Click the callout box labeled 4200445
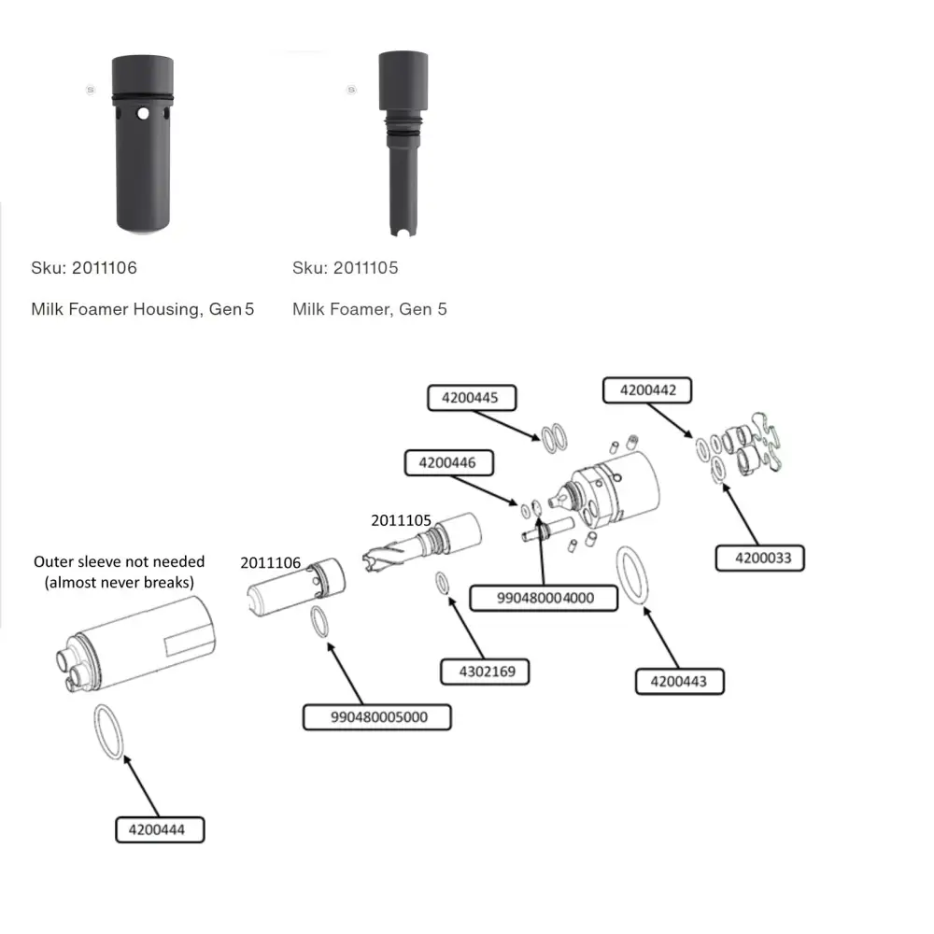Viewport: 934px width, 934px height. tap(471, 397)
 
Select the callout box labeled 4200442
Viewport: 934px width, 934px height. tap(646, 389)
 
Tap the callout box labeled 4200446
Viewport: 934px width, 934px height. tap(446, 462)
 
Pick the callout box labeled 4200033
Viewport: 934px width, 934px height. tap(760, 558)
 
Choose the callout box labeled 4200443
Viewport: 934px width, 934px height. tap(679, 681)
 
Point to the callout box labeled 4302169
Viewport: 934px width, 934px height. tap(485, 670)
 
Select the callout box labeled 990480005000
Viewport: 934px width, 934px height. tap(378, 716)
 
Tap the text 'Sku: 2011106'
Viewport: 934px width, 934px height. tap(84, 268)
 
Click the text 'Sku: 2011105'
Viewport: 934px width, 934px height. tap(346, 268)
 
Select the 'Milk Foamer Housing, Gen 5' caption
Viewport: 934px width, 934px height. tap(143, 309)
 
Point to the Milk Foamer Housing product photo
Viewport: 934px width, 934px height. tap(142, 144)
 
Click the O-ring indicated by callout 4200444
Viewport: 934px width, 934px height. tap(108, 731)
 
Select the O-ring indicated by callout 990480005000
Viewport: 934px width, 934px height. tap(320, 623)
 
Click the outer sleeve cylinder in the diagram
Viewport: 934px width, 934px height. tap(140, 644)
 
